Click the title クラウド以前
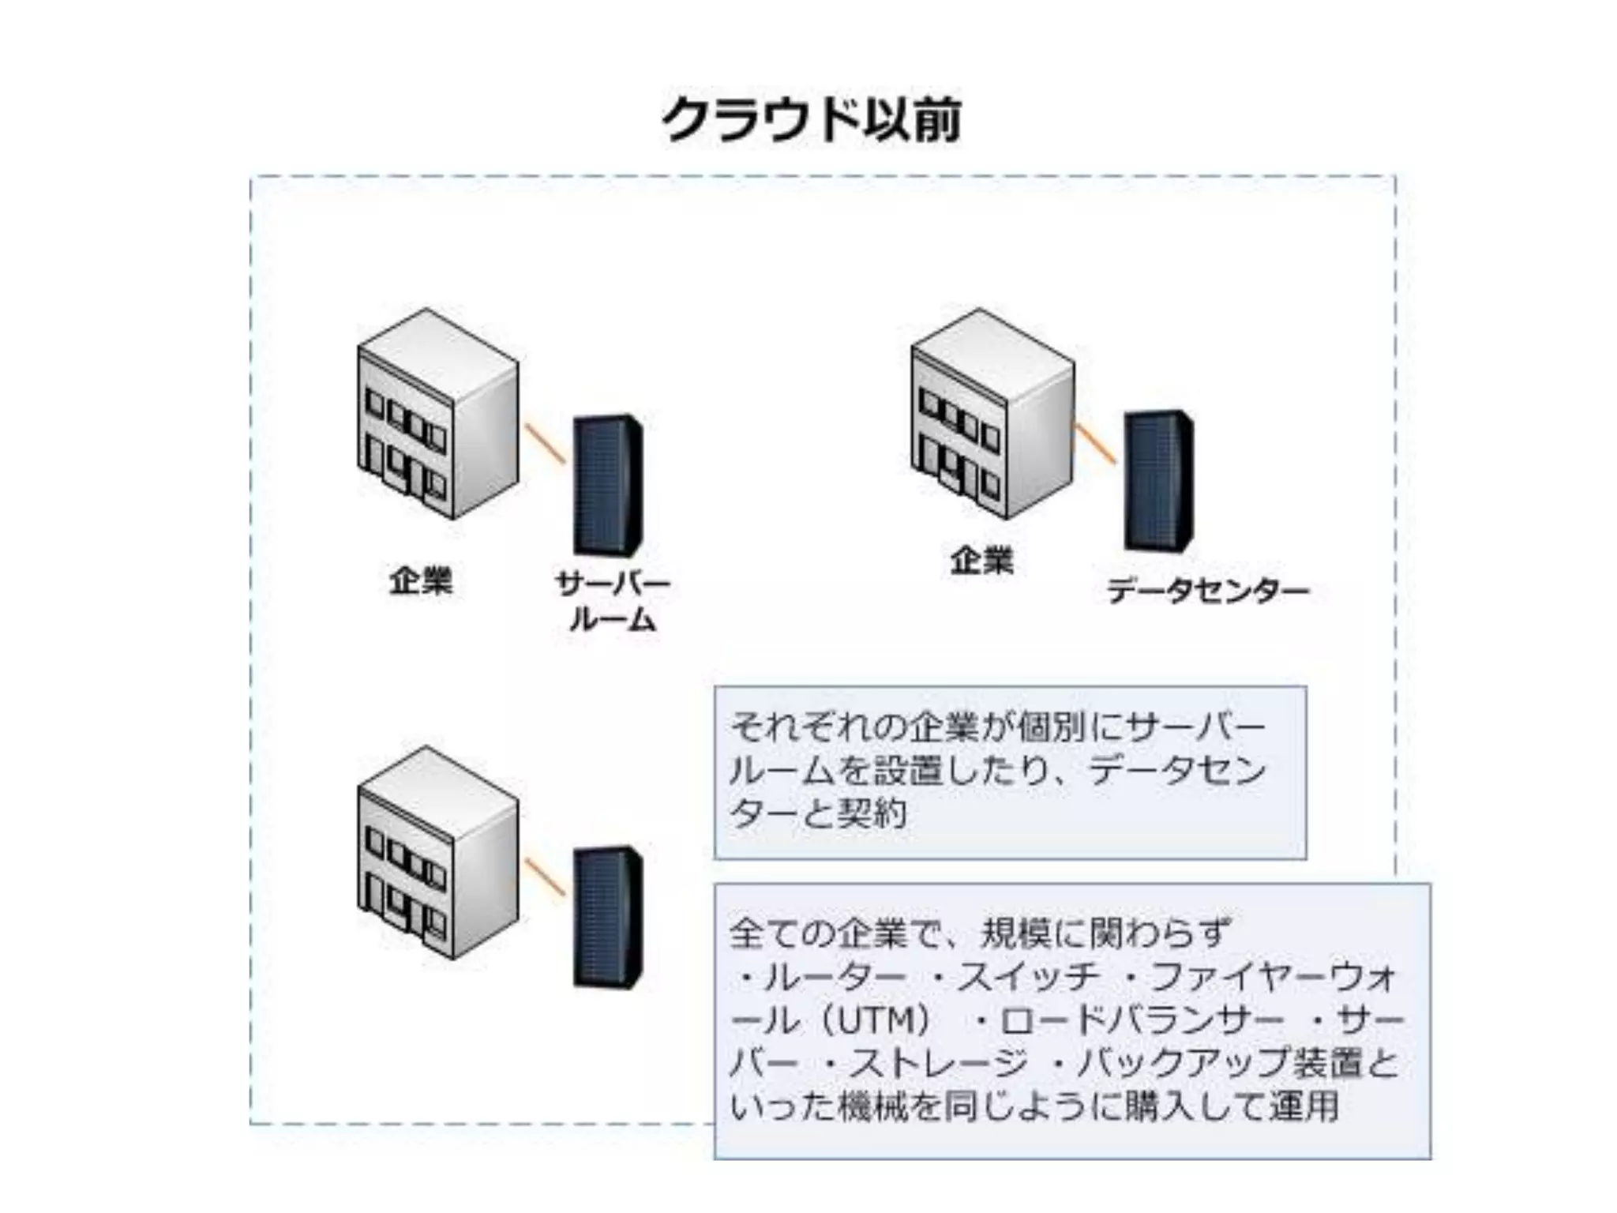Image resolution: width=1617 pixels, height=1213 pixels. [811, 120]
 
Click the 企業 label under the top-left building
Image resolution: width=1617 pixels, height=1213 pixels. [421, 581]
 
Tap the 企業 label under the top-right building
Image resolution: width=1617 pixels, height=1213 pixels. [981, 561]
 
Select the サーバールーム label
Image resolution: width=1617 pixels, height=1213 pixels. [613, 602]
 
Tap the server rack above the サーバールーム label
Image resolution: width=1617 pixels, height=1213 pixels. [607, 484]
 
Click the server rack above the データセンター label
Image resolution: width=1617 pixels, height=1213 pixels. [1158, 480]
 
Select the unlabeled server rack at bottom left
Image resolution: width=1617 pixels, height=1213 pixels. [607, 917]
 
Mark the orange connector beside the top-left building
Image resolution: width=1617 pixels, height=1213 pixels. [545, 443]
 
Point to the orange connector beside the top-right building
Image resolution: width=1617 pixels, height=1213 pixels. [1095, 443]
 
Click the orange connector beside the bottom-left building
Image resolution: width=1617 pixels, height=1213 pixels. [545, 877]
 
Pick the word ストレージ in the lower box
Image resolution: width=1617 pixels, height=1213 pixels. [940, 1063]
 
